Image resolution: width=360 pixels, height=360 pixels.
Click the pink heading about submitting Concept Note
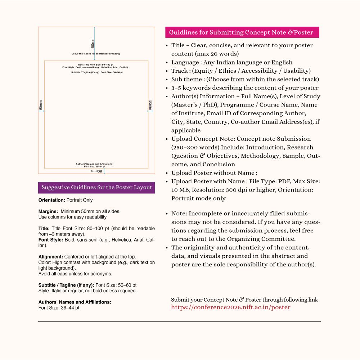(x=241, y=32)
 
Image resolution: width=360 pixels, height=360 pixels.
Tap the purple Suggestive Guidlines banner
(x=96, y=188)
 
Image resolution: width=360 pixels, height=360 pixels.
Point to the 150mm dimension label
(x=93, y=44)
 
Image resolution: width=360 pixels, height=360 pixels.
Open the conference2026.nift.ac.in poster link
(x=230, y=307)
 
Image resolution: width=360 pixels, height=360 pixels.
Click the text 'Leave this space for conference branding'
(x=95, y=54)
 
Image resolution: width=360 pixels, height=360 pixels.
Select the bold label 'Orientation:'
(x=52, y=200)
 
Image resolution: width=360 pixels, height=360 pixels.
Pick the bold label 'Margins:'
(x=48, y=211)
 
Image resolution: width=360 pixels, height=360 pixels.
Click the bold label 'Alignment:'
(x=51, y=257)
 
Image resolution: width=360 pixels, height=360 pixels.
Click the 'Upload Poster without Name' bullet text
(x=214, y=173)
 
